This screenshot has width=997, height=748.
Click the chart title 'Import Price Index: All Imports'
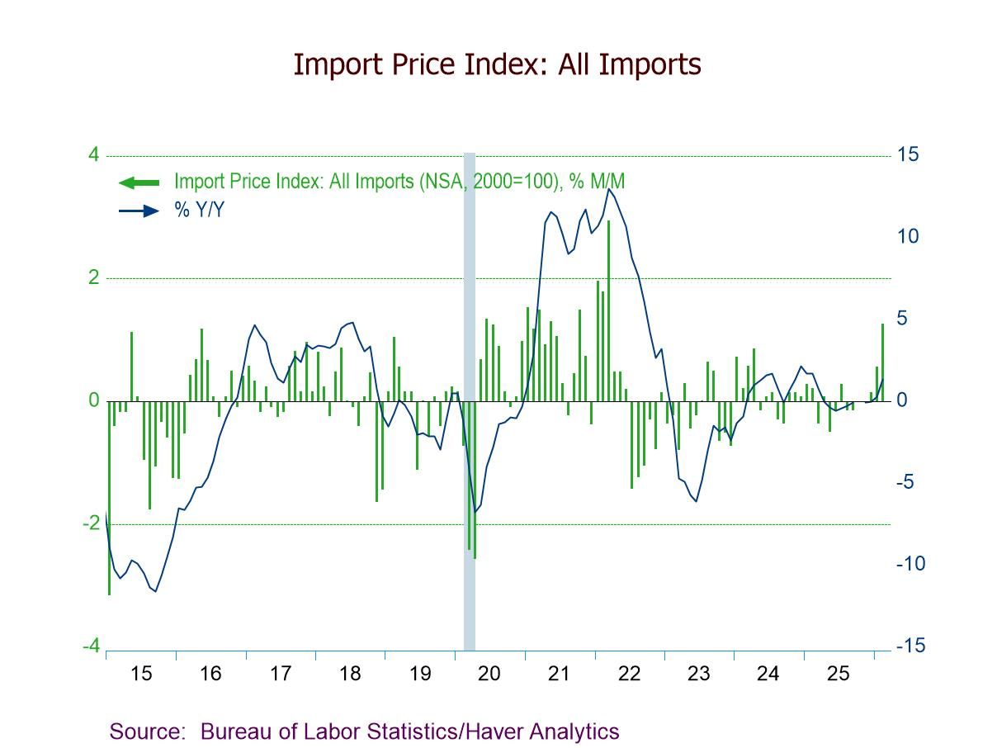497,64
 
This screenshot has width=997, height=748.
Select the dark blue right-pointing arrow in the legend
139,211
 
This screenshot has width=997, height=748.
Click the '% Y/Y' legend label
199,211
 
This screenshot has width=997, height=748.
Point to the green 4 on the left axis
93,155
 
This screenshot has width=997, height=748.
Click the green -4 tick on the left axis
91,646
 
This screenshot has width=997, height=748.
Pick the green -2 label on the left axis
91,523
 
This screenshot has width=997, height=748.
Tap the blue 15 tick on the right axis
908,155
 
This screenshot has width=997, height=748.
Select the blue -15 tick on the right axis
910,646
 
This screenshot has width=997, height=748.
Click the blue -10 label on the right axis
910,564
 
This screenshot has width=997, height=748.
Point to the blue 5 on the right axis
902,319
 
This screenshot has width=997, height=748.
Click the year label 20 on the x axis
489,674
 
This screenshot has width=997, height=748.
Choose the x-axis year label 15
141,674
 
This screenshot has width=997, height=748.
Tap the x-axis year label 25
838,674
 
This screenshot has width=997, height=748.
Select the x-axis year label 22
629,674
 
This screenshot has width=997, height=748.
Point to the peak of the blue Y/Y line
608,189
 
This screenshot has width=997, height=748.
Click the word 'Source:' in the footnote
146,731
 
